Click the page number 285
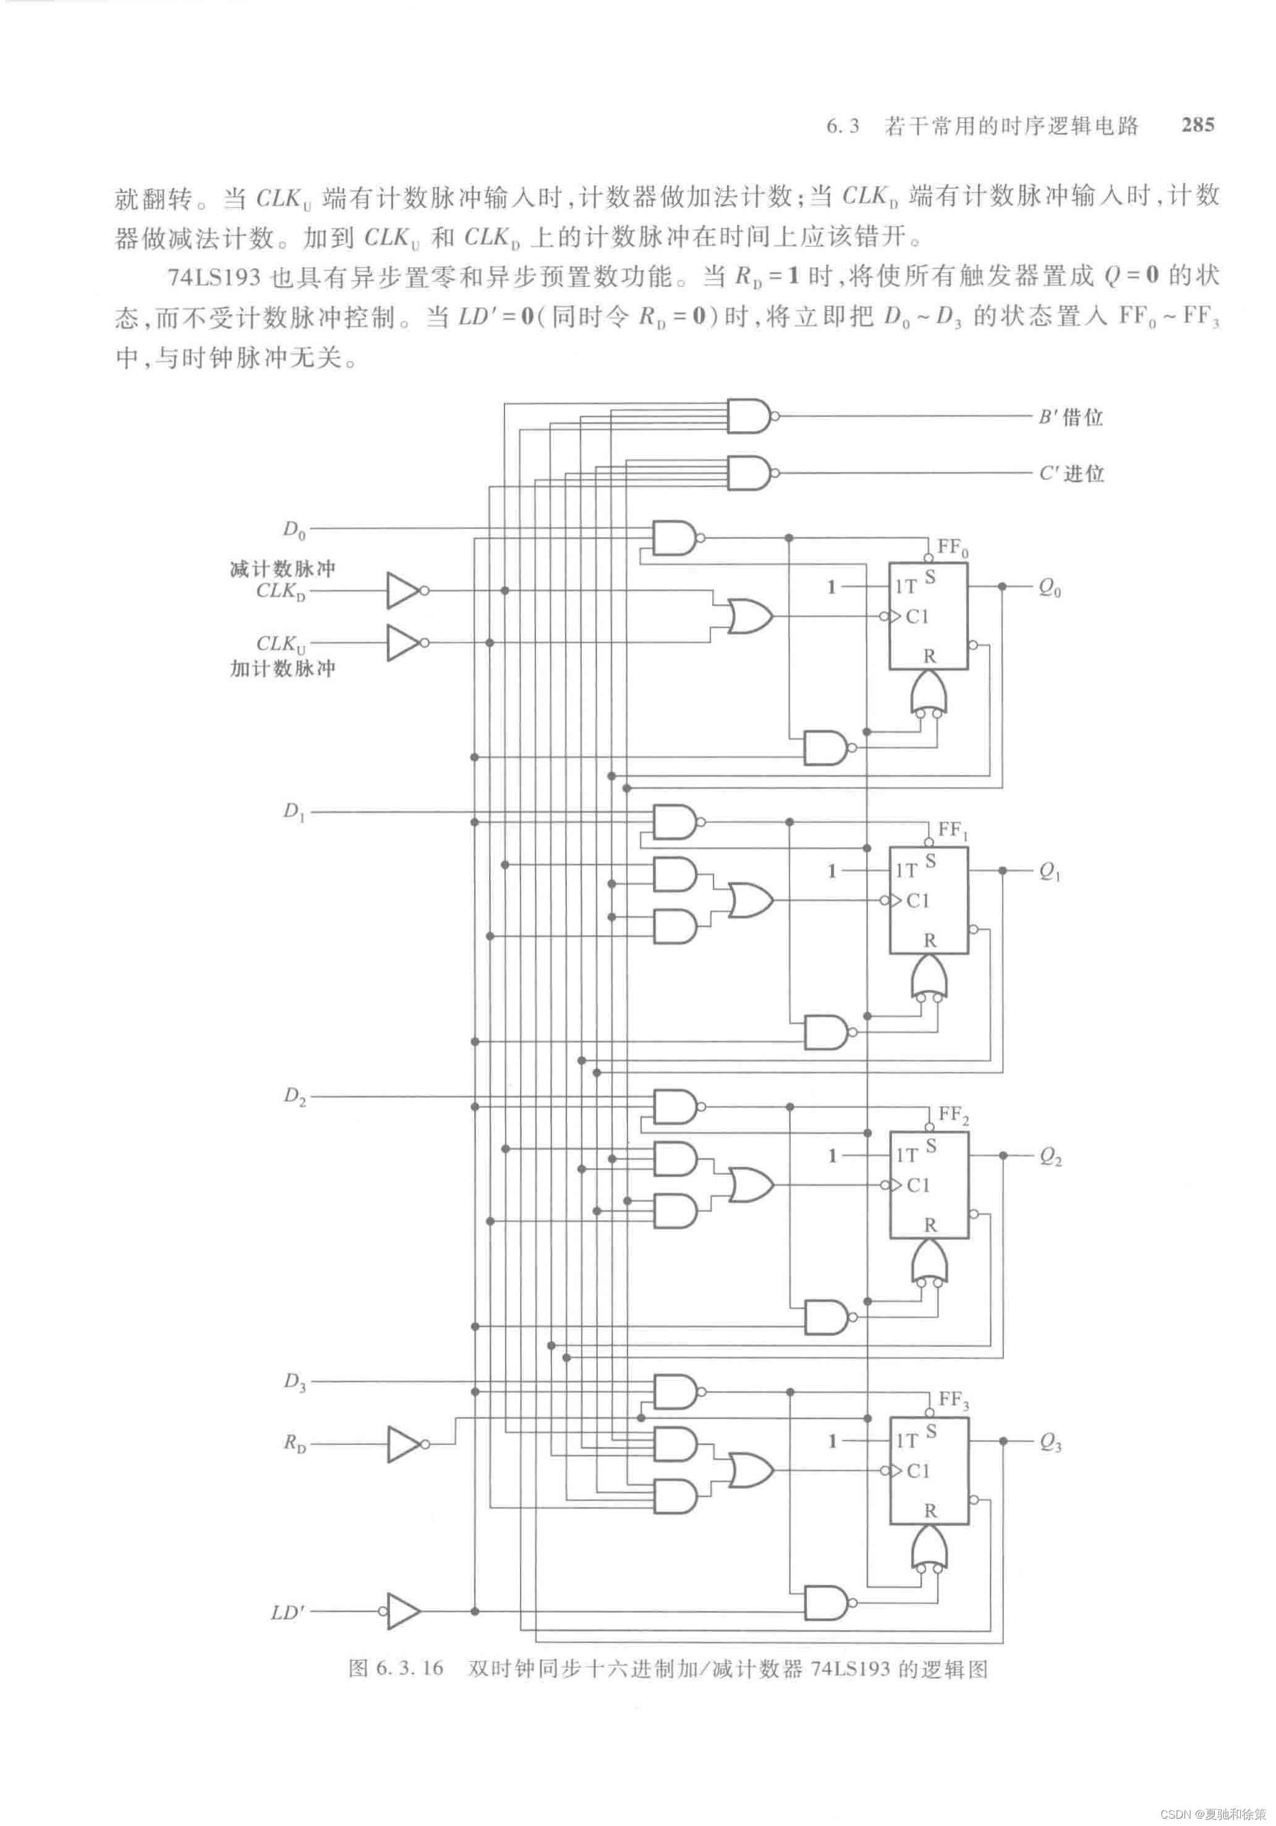[x=1197, y=124]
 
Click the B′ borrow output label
[x=1070, y=417]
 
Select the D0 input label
[x=294, y=529]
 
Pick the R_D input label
[x=294, y=1442]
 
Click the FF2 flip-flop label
[x=953, y=1114]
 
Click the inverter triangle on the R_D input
[x=404, y=1443]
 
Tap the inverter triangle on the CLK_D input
[x=403, y=591]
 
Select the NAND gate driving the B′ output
[x=748, y=416]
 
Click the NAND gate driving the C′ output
[x=748, y=472]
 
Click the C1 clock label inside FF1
[x=917, y=900]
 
